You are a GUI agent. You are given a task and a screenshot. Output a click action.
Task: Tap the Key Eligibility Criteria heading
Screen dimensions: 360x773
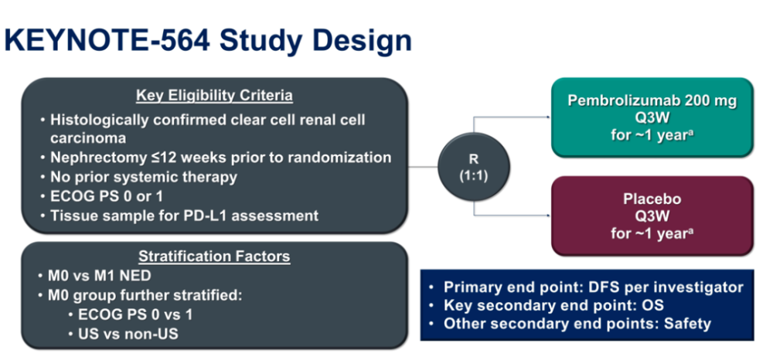coord(214,97)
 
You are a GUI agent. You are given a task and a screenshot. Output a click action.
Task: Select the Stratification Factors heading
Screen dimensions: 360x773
coord(214,256)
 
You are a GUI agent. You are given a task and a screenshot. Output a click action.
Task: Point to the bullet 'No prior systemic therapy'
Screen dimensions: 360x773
coord(143,177)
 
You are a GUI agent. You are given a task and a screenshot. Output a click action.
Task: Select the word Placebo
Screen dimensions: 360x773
coord(652,199)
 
